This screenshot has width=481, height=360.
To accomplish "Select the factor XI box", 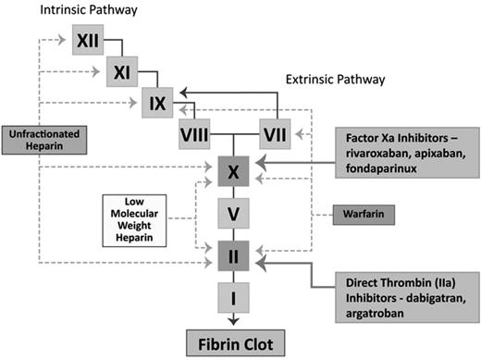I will pos(122,71).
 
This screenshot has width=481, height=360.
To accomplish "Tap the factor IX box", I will pos(156,103).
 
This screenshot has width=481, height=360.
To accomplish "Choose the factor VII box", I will pos(276,135).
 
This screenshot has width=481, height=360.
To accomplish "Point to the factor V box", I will pos(233,214).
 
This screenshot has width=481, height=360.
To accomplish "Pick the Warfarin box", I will pos(364,215).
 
